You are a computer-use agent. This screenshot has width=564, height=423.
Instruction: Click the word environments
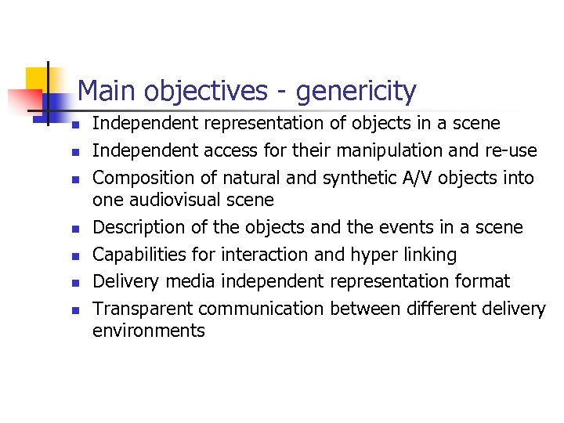tap(149, 331)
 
